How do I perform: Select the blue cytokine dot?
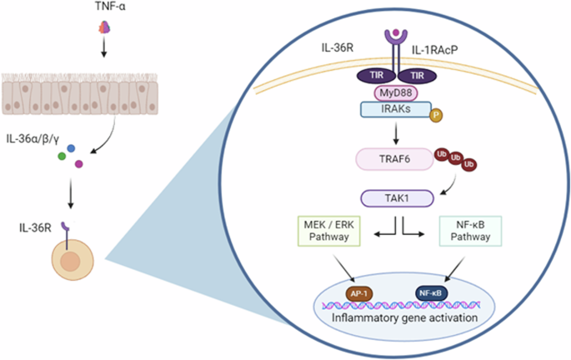pos(72,148)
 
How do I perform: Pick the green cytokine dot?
pos(61,156)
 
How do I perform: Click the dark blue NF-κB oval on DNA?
pos(430,292)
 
